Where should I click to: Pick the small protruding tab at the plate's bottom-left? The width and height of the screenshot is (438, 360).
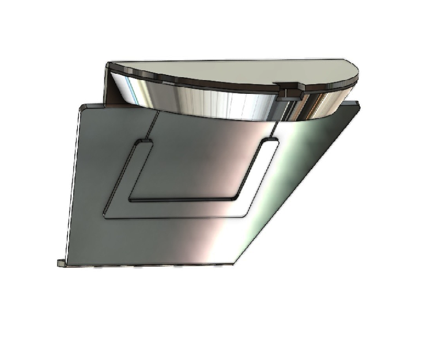pyautogui.click(x=61, y=263)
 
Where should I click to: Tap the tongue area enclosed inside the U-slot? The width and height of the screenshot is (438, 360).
pyautogui.click(x=196, y=167)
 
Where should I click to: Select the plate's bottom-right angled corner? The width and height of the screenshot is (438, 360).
pyautogui.click(x=233, y=264)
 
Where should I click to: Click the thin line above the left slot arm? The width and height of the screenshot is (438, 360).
pyautogui.click(x=154, y=124)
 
